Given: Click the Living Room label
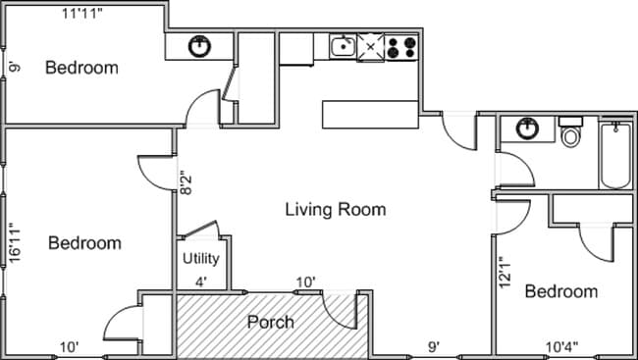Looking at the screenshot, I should click(335, 209).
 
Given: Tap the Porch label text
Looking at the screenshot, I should click(270, 322).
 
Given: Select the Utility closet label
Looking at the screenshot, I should click(201, 260).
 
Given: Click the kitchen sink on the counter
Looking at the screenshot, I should click(343, 45).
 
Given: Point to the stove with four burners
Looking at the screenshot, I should click(401, 46).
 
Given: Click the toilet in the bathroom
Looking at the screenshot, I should click(570, 132).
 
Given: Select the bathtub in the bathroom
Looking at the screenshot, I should click(615, 154).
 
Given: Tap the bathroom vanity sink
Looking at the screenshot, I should click(529, 129).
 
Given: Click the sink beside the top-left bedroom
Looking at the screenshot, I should click(199, 45).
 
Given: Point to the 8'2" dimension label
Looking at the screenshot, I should click(184, 183).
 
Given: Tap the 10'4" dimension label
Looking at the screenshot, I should click(561, 346).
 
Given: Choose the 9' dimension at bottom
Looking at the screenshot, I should click(432, 346).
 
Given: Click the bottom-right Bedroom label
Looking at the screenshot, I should click(560, 291).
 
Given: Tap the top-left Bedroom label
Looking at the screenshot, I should click(82, 68).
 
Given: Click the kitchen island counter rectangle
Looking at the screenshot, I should click(371, 114).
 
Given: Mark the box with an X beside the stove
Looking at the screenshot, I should click(371, 45).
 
